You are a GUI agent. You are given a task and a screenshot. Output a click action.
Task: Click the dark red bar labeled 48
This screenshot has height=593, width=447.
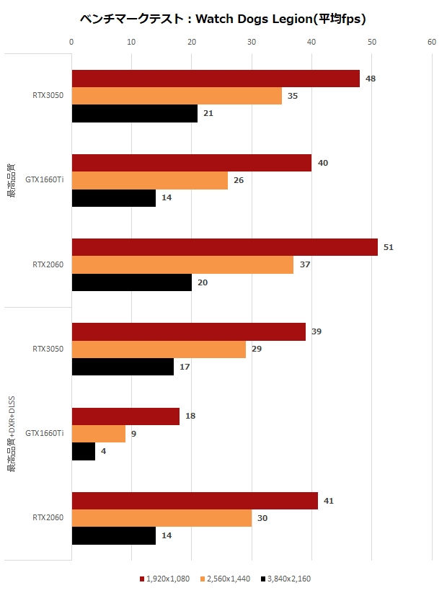pos(216,79)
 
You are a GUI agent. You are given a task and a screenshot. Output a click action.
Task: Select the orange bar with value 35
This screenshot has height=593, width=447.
pos(177,96)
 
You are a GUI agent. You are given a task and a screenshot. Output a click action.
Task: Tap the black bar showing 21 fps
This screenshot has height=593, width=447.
pos(135,113)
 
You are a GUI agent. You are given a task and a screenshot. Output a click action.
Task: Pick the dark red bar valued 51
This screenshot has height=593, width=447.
pos(225,247)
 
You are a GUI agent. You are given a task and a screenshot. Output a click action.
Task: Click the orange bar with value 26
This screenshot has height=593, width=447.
pos(150,180)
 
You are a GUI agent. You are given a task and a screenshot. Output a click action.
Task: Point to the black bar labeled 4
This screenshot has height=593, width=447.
pos(84,451)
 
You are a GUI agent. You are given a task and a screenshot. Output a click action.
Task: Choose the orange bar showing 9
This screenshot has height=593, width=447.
pos(99,434)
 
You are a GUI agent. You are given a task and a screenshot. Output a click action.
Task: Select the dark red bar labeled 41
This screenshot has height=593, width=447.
pos(195,501)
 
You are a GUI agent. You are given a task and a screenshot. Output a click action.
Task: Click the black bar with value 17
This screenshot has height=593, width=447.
pos(123,367)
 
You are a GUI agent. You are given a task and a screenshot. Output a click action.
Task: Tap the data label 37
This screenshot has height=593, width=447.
pos(305,264)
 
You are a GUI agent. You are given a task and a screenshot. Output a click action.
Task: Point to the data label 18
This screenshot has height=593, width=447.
pos(190,416)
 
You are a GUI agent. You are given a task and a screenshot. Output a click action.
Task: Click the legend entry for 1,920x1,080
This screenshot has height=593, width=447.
pos(164,579)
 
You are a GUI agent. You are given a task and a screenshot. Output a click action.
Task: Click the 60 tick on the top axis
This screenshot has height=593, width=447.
pos(432,42)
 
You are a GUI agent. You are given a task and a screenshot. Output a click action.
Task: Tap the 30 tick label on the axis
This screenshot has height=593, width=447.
pos(252,42)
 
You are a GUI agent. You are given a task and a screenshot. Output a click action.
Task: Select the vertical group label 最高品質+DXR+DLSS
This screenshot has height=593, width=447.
pos(12,434)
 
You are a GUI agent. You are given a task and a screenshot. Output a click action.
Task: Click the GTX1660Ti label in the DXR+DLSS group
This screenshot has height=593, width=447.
pos(45,434)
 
